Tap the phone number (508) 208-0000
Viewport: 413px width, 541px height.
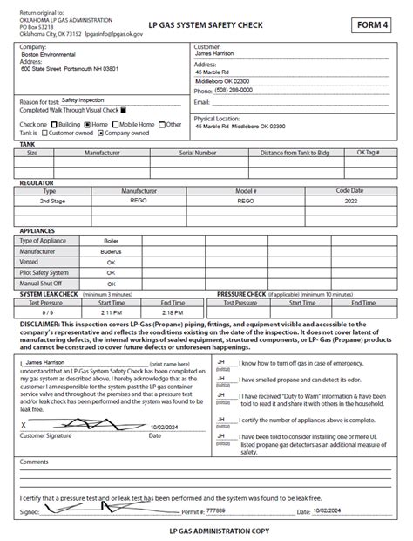tap(235, 90)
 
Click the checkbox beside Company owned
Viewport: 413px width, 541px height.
tap(100, 134)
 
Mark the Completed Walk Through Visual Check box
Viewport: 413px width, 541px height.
tap(124, 111)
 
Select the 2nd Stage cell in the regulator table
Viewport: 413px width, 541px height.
tap(51, 200)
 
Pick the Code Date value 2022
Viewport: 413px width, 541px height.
tap(349, 200)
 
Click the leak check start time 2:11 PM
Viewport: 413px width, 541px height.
tap(111, 312)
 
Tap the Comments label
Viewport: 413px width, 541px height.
tap(34, 462)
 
